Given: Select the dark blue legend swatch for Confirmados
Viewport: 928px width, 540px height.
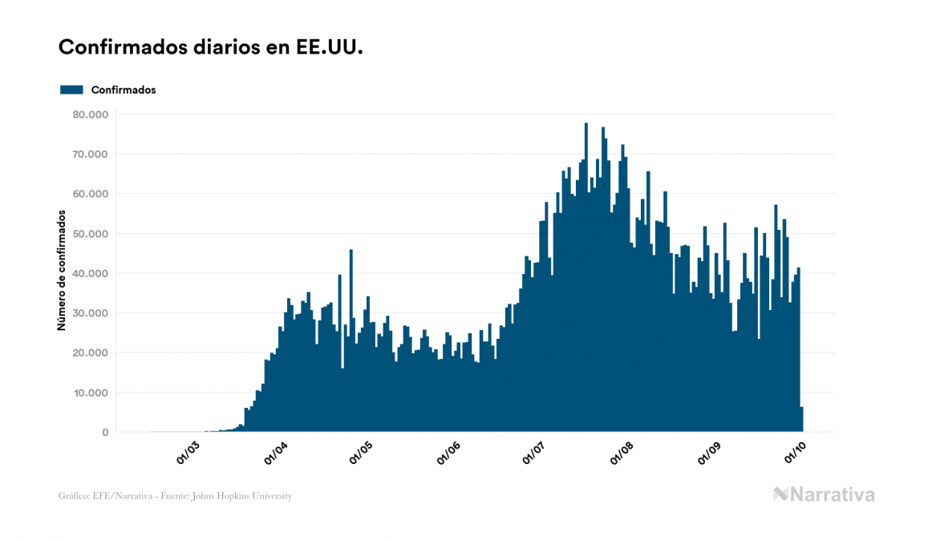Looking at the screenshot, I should pos(71,90).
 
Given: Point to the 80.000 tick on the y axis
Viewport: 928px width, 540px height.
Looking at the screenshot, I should pos(91,115).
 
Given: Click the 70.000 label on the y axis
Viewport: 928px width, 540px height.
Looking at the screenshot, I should pos(91,154).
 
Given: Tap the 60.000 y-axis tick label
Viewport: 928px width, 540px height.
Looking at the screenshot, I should pos(91,194).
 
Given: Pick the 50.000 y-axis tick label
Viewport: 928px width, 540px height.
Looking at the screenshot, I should pos(91,234).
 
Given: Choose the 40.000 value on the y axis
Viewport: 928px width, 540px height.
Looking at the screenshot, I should pos(91,273).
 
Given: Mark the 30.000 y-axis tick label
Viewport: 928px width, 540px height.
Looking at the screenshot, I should pos(91,313).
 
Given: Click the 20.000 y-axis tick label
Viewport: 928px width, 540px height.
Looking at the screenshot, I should pos(91,353).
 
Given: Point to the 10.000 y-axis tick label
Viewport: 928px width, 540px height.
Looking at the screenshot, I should pos(91,393).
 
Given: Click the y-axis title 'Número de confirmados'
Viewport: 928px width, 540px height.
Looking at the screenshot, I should pos(61,270).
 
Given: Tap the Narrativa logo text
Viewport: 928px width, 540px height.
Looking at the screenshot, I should pos(832,494).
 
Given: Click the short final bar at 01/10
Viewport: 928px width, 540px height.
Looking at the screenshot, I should pos(801,420).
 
